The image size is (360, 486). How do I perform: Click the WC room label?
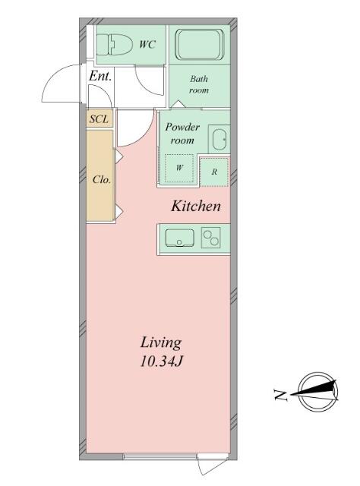147,45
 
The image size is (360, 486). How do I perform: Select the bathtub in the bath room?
200,44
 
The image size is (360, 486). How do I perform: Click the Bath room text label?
199,84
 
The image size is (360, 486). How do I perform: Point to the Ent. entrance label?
100,76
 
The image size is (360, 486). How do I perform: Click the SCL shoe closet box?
99,118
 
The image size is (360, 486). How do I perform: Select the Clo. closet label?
102,180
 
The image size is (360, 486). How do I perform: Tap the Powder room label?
182,134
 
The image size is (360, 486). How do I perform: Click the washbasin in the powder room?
220,139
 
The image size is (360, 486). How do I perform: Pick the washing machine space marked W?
179,169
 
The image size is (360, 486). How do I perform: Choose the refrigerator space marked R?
214,172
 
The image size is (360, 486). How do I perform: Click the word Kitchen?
196,206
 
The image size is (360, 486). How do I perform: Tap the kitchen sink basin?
179,238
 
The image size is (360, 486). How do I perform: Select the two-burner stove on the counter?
211,238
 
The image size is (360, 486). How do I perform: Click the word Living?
161,343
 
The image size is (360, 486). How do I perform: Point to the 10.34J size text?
160,361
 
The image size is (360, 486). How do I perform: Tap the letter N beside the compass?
280,395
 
